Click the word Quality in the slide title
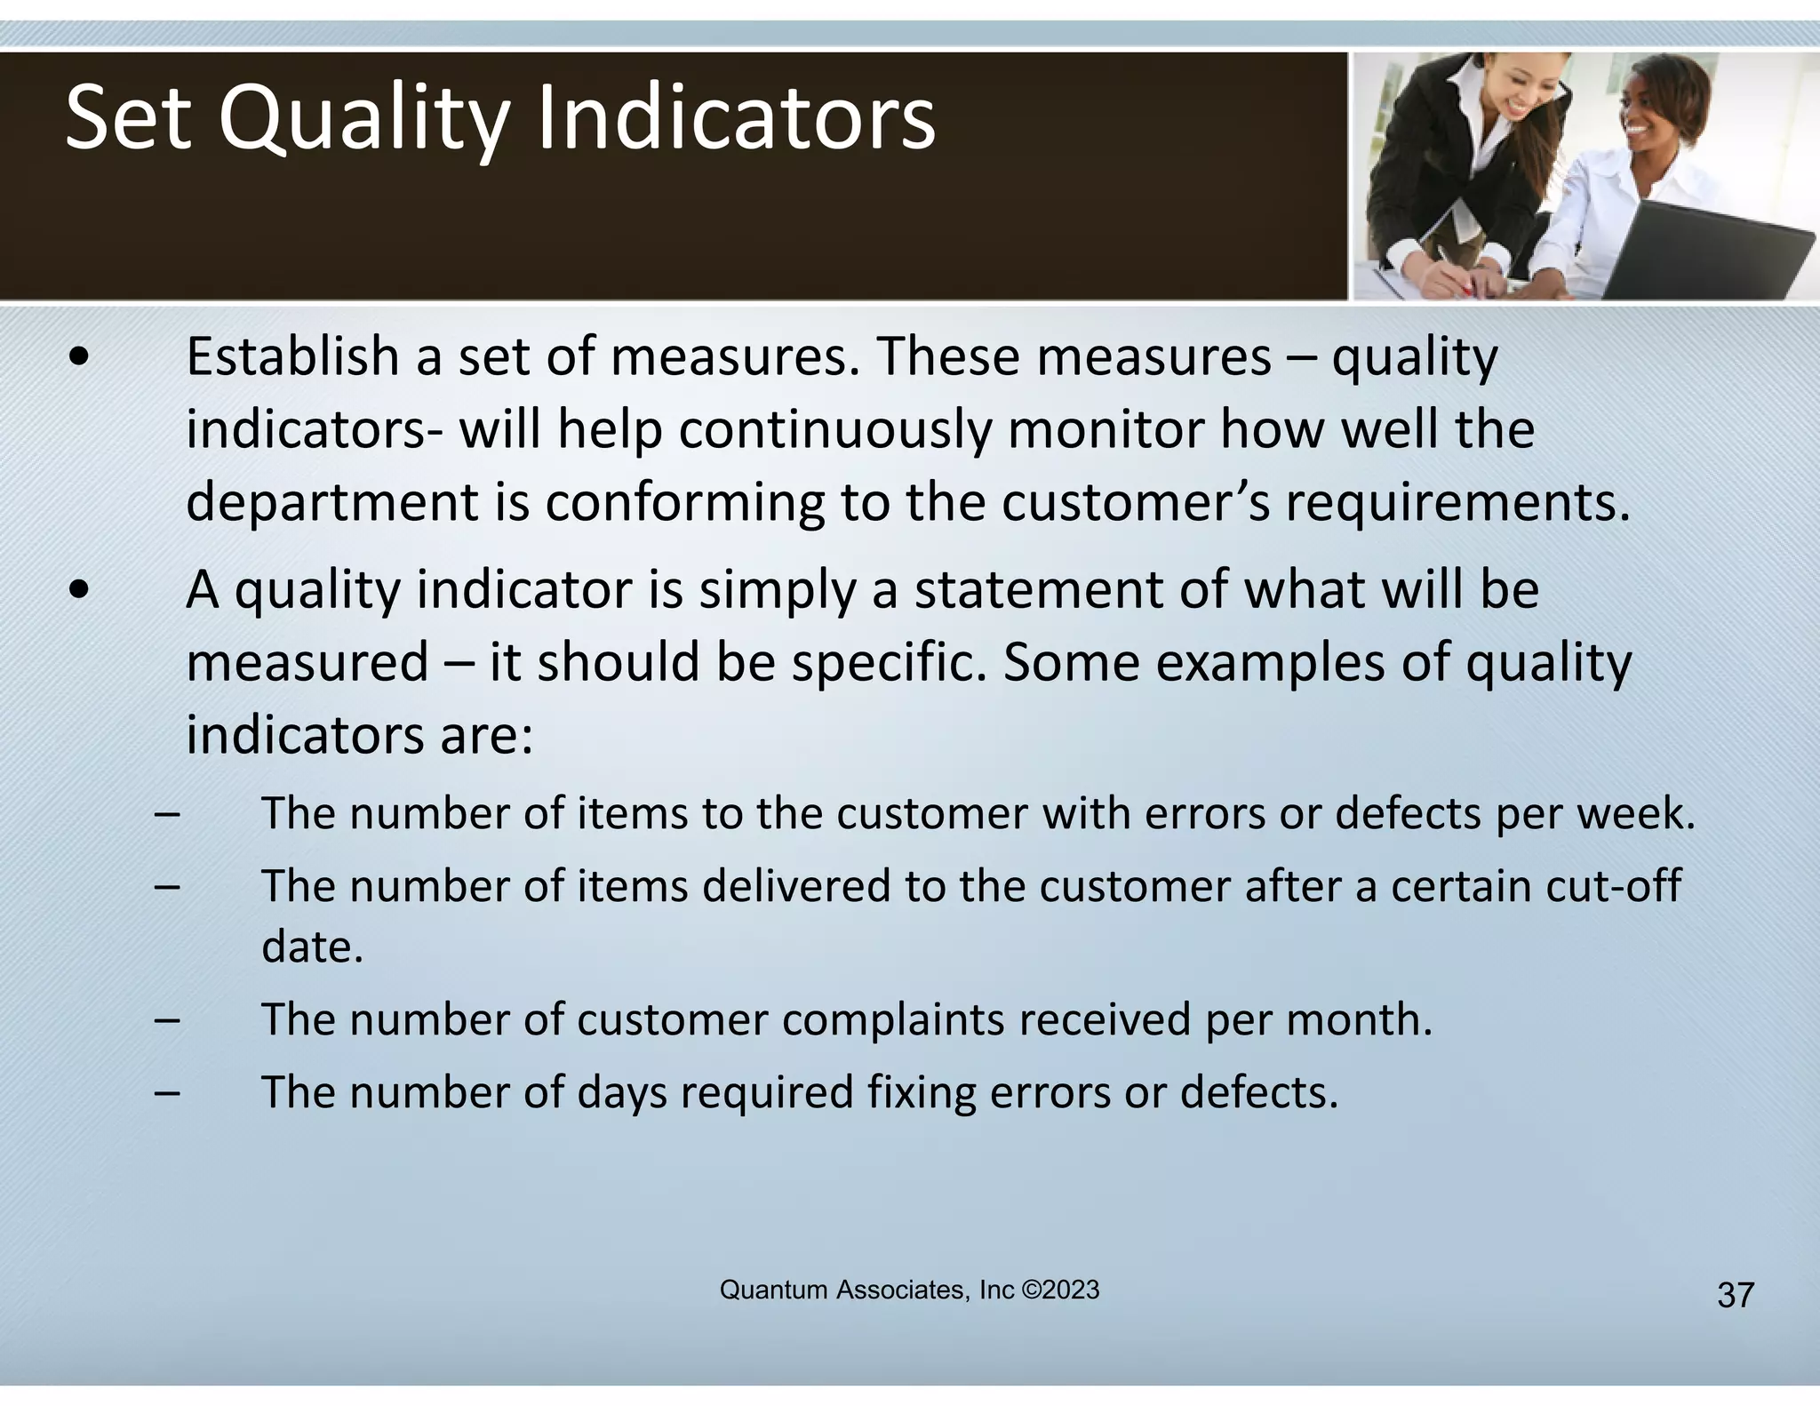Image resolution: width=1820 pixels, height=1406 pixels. coord(364,119)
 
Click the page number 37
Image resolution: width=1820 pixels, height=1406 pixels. coord(1735,1295)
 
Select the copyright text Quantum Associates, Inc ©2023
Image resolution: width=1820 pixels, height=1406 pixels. coord(909,1290)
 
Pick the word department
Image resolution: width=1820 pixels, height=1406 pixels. coord(332,503)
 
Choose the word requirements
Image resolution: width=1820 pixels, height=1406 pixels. coord(1457,503)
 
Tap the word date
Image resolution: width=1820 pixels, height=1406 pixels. coord(312,947)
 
